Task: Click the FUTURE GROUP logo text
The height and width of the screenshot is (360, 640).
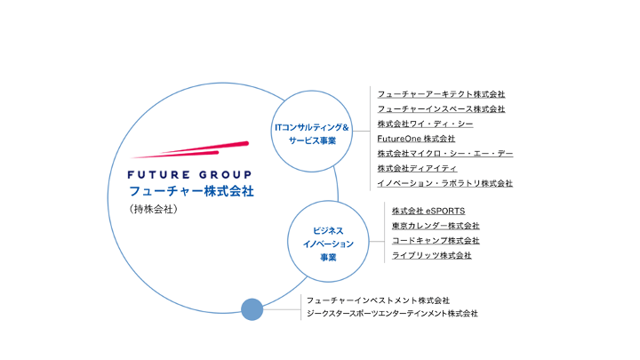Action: pyautogui.click(x=189, y=175)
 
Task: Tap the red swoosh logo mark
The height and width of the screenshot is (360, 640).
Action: pyautogui.click(x=190, y=150)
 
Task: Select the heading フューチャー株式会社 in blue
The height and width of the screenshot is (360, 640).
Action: pyautogui.click(x=191, y=191)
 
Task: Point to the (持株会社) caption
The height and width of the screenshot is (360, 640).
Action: pyautogui.click(x=154, y=209)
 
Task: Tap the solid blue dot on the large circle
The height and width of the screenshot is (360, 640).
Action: pyautogui.click(x=252, y=309)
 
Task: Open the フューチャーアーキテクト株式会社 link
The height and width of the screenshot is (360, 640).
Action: pyautogui.click(x=441, y=94)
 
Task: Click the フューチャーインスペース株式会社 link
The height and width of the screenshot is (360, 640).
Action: pyautogui.click(x=441, y=109)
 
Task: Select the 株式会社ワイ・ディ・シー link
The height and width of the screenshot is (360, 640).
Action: pyautogui.click(x=425, y=124)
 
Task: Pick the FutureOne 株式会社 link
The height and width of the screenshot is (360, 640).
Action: pyautogui.click(x=416, y=139)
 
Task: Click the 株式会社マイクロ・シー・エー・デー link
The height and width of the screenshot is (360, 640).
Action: pyautogui.click(x=445, y=154)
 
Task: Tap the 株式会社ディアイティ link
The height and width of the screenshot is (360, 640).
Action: pyautogui.click(x=417, y=168)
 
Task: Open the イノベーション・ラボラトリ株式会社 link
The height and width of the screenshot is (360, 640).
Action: pyautogui.click(x=445, y=183)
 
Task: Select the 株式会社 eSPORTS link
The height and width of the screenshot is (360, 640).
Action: pyautogui.click(x=428, y=211)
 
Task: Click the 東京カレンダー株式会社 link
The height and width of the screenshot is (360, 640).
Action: pyautogui.click(x=436, y=226)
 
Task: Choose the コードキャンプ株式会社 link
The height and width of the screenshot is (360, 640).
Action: pyautogui.click(x=436, y=240)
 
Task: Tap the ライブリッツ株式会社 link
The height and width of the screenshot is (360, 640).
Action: pyautogui.click(x=432, y=255)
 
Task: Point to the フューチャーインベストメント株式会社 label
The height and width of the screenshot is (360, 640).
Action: pyautogui.click(x=378, y=300)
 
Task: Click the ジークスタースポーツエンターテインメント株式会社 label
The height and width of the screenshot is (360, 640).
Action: pyautogui.click(x=392, y=314)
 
